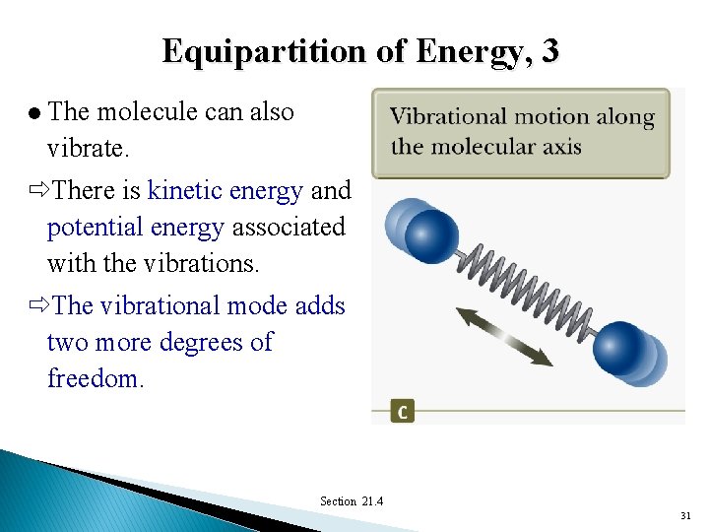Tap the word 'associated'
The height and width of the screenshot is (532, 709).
(x=289, y=227)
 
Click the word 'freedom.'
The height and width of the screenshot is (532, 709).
(x=96, y=379)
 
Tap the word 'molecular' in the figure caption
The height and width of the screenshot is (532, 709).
(x=483, y=147)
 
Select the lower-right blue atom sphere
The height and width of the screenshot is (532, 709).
(x=622, y=349)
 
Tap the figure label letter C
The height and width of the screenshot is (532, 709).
(x=402, y=411)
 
